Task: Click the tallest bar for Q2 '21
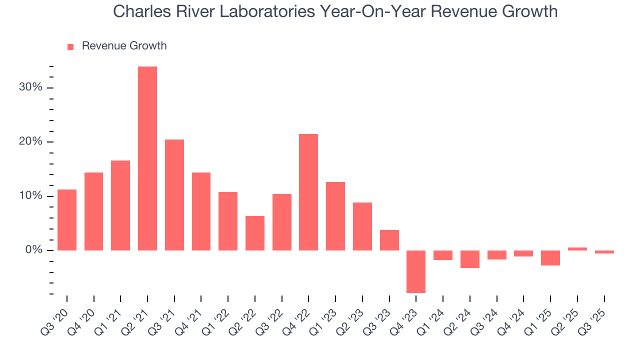(x=147, y=158)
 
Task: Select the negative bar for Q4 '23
(x=416, y=271)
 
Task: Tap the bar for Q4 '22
(x=308, y=192)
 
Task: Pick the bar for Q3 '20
(x=67, y=220)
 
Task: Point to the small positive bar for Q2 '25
(x=577, y=248)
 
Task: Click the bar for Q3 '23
(x=389, y=240)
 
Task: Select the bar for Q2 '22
(x=255, y=233)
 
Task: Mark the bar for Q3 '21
(x=174, y=195)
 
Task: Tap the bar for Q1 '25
(x=550, y=257)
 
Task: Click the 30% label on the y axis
(x=31, y=87)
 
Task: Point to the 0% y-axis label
(x=34, y=250)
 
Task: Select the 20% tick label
(x=31, y=141)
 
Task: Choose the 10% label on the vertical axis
(x=31, y=196)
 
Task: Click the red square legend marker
(x=70, y=46)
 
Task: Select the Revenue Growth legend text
(x=124, y=46)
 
